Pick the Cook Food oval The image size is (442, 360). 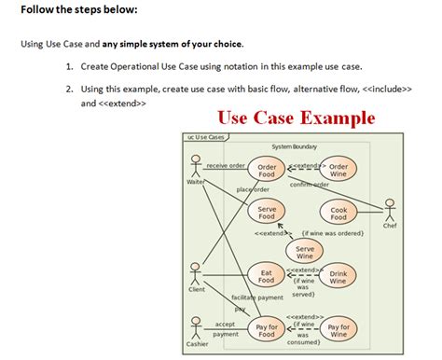click(338, 214)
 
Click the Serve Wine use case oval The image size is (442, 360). click(305, 251)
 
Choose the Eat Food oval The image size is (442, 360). click(266, 276)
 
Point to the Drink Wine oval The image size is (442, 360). click(338, 276)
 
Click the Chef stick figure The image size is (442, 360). click(389, 209)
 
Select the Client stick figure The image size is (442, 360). click(196, 273)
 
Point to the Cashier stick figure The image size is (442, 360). click(196, 327)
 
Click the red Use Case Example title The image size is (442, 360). click(296, 118)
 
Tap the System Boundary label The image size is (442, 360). click(293, 146)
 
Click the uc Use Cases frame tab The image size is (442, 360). click(205, 137)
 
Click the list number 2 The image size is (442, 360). click(69, 88)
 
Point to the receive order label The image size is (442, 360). click(225, 165)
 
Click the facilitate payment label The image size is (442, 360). click(256, 297)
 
